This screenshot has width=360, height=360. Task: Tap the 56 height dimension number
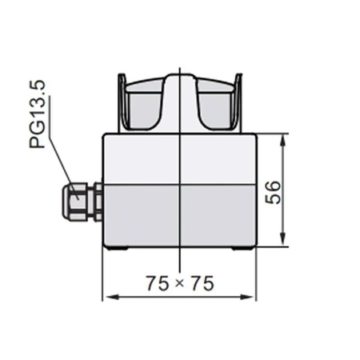point(273,191)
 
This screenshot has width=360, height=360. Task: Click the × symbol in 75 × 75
point(180,282)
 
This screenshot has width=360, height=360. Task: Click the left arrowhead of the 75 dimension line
point(110,298)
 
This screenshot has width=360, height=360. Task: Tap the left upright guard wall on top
point(122,103)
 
